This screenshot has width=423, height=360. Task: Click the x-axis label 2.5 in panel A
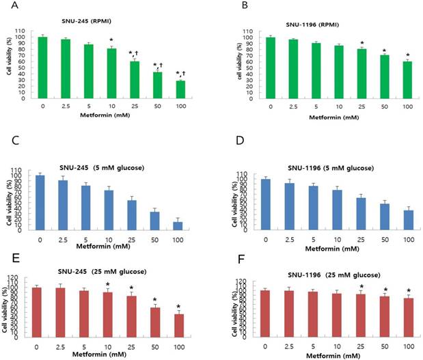coord(66,106)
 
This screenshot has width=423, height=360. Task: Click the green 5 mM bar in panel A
coord(88,71)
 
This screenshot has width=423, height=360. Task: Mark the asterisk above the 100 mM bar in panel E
coord(178,306)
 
